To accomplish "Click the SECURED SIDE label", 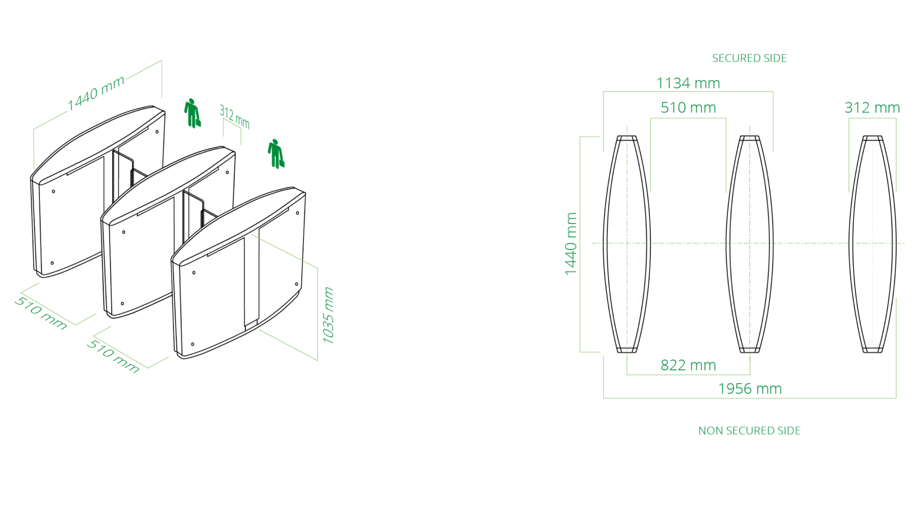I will (x=749, y=58).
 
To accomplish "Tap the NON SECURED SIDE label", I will (x=749, y=431).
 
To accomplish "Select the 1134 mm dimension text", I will (x=688, y=84).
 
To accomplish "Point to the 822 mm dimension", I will (x=688, y=365).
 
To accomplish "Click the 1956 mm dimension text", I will (x=750, y=389).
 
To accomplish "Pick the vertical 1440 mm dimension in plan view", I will (x=571, y=244).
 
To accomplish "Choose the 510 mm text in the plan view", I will (x=688, y=108).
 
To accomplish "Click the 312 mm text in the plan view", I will (x=872, y=108).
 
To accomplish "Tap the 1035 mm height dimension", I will (x=328, y=315).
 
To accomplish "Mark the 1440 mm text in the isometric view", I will (x=96, y=93).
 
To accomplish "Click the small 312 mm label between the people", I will (x=234, y=117).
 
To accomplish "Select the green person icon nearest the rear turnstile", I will (x=192, y=113).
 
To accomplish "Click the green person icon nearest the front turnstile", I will (x=276, y=154).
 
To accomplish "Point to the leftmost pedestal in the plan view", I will (x=627, y=244).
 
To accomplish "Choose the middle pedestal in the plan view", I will (x=750, y=244).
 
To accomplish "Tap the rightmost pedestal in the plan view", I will (x=872, y=244).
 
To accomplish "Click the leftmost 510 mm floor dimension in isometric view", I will (x=41, y=313).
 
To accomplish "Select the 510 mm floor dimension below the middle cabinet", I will (x=113, y=356).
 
